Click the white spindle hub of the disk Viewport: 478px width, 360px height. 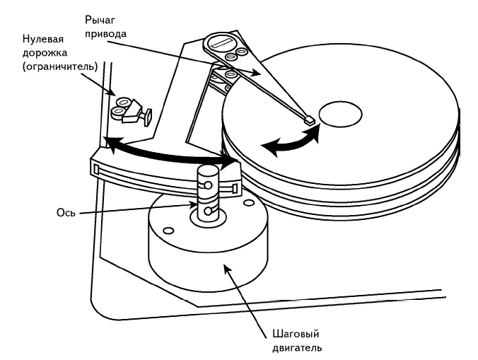(341, 113)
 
